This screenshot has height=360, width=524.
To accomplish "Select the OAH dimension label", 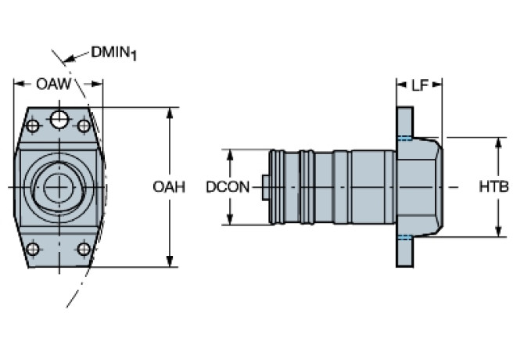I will point(169,187).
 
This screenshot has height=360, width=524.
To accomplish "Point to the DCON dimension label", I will point(228,187).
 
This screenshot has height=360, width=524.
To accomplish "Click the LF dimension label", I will point(420,85).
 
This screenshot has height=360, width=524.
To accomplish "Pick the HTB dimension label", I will point(493,187).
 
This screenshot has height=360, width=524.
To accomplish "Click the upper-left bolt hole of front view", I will point(33,125).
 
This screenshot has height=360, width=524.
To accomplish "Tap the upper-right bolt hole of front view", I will point(84,125).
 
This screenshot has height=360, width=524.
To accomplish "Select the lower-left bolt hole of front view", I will point(33,249).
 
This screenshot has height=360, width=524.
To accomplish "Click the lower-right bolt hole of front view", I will point(84,249).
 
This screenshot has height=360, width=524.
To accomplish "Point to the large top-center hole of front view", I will point(59,119).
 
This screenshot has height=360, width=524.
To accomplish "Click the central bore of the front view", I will point(56,188).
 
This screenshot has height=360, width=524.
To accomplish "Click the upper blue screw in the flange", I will point(404,139).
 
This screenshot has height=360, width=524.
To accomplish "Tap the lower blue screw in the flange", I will point(404,237).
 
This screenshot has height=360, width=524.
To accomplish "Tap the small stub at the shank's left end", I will point(265,188).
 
